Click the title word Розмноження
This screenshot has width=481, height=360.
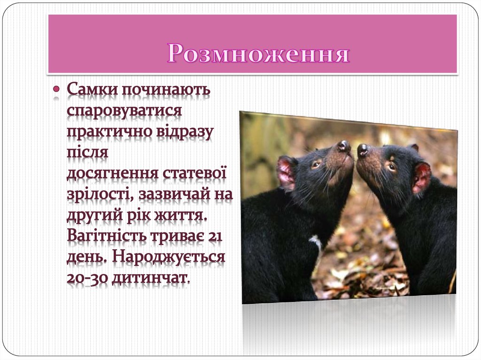[x=258, y=54]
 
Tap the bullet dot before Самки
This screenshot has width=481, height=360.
[x=56, y=88]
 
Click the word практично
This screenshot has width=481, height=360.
[x=109, y=132]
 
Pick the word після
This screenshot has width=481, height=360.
[x=87, y=153]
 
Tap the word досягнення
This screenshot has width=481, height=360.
[x=113, y=174]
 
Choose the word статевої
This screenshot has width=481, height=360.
[x=194, y=173]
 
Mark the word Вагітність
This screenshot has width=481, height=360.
[x=107, y=236]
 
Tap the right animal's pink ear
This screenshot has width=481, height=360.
[x=421, y=177]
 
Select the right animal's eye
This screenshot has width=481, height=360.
[x=391, y=166]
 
